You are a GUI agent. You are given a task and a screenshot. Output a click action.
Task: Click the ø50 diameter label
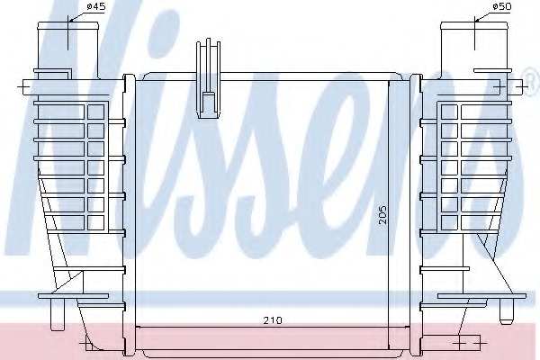click(x=477, y=9)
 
